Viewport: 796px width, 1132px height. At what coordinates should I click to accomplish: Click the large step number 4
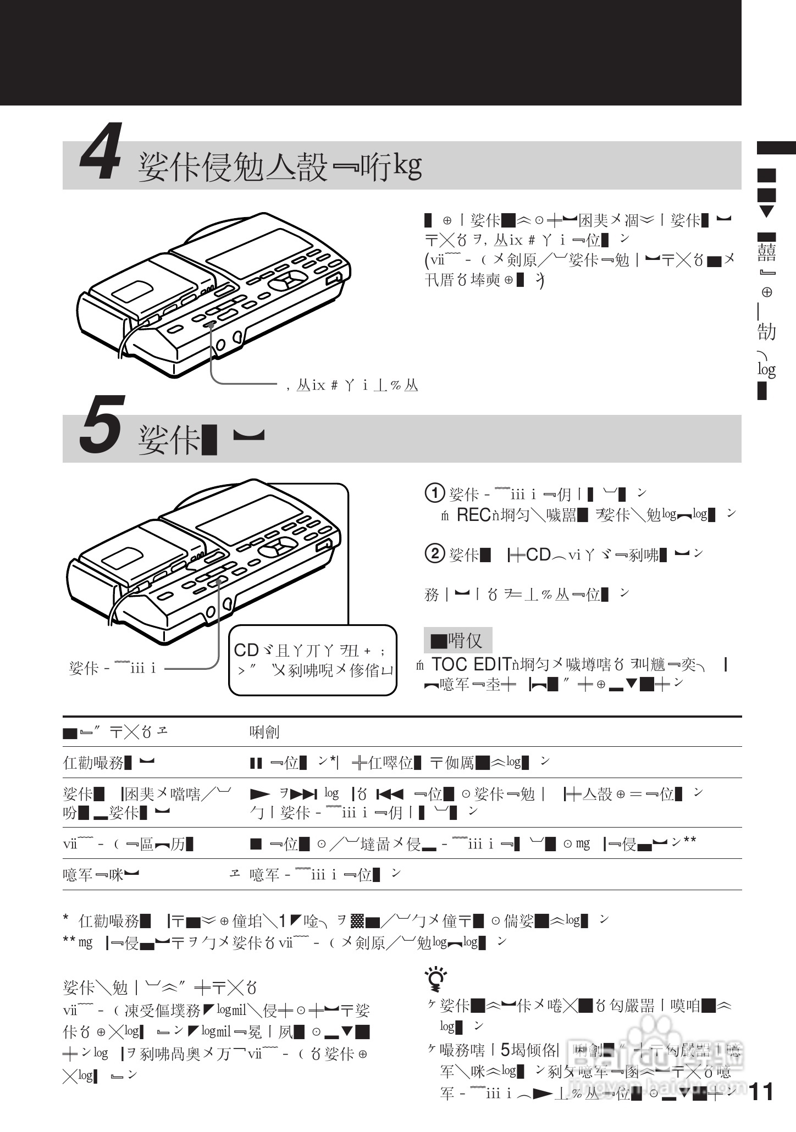(x=101, y=159)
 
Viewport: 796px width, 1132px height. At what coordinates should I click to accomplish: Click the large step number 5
(x=101, y=434)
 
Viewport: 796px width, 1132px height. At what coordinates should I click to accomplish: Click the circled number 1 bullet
(x=435, y=493)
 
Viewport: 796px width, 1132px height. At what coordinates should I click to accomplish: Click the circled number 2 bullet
(x=435, y=554)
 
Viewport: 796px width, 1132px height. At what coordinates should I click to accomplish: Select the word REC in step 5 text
(x=473, y=515)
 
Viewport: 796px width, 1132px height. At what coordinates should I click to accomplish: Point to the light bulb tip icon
(x=435, y=979)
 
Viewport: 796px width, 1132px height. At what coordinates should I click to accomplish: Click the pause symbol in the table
(x=256, y=763)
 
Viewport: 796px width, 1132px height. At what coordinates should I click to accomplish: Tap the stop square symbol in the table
(x=256, y=844)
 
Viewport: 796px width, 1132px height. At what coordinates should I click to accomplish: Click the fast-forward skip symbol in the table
(x=306, y=794)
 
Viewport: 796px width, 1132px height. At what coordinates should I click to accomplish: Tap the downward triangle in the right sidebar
(x=766, y=212)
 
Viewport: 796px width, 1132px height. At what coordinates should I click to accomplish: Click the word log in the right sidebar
(x=766, y=369)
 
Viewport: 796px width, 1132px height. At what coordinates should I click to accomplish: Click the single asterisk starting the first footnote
(x=66, y=918)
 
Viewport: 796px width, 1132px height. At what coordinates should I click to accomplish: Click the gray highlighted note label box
(x=457, y=640)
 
